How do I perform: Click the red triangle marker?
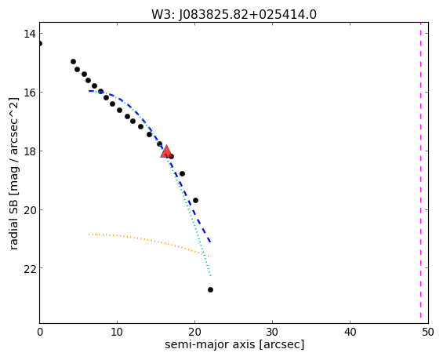coord(166,151)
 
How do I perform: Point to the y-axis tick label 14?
coord(29,34)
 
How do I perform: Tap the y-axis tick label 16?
coord(29,93)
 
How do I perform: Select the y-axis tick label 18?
coord(29,151)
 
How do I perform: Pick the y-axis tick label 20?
coord(29,210)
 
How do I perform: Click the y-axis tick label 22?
coord(29,268)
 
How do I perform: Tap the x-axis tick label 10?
coord(117,332)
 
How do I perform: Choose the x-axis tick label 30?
coord(272,332)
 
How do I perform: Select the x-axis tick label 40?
coord(350,332)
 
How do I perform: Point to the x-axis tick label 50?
coord(428,332)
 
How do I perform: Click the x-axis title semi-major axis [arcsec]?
coord(234,345)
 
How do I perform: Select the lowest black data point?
coord(210,289)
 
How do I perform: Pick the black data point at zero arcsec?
coord(40,43)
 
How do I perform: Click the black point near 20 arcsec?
coord(195,200)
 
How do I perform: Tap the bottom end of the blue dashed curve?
coord(210,242)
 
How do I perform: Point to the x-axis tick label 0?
coord(40,332)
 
